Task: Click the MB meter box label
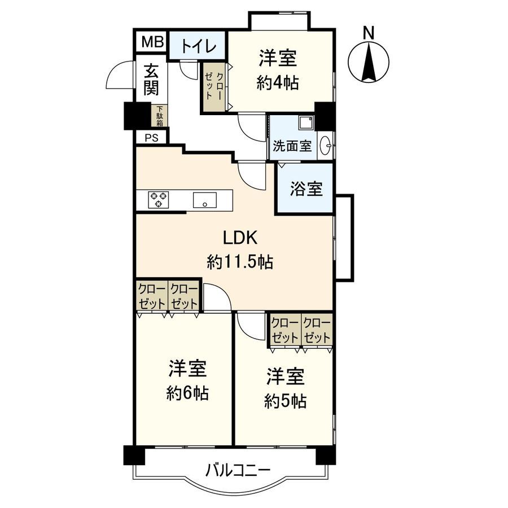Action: pos(151,42)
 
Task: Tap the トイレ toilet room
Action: pos(196,45)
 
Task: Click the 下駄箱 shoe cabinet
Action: pos(160,116)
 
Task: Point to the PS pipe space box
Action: pos(150,138)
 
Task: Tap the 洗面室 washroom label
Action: pos(292,146)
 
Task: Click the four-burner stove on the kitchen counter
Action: pos(159,200)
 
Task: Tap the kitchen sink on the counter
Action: pos(204,200)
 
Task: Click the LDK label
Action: pos(240,238)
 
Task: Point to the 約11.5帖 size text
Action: pos(240,262)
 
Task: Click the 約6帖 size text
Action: pos(187,393)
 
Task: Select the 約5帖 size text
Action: pos(286,401)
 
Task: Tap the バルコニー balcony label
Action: pos(230,470)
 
